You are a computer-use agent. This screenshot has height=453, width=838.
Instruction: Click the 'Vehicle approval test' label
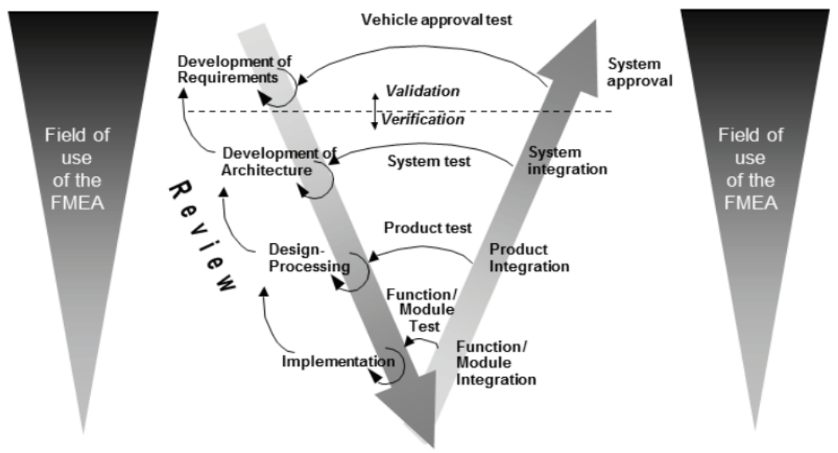coord(436,20)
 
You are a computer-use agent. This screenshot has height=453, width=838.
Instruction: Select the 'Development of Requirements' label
coord(234,69)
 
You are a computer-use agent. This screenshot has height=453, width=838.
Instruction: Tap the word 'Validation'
coord(423,91)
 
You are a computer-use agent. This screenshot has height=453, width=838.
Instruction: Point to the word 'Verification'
coord(423,120)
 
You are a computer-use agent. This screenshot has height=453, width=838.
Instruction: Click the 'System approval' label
coord(639,73)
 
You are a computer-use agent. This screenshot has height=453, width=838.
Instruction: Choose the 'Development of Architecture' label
coord(279,162)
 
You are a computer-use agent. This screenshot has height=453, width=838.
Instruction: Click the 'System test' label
coord(429,161)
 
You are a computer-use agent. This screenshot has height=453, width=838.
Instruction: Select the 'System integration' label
coord(567,160)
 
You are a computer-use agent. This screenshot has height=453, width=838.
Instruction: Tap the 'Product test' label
coord(427,228)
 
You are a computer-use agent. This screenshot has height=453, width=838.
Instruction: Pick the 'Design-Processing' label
coord(309,258)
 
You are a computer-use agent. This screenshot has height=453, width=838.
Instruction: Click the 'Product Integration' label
coord(529,258)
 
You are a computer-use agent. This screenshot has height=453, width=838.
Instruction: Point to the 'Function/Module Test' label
coord(422,310)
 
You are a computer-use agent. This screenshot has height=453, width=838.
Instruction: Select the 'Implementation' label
coord(338,361)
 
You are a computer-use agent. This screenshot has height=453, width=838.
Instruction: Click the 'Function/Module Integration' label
coord(495,363)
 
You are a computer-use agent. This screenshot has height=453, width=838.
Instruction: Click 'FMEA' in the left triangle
coord(77,203)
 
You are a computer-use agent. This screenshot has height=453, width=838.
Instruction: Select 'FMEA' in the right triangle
coord(750,203)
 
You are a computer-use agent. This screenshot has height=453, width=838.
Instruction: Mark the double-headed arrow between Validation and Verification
coord(376,111)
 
